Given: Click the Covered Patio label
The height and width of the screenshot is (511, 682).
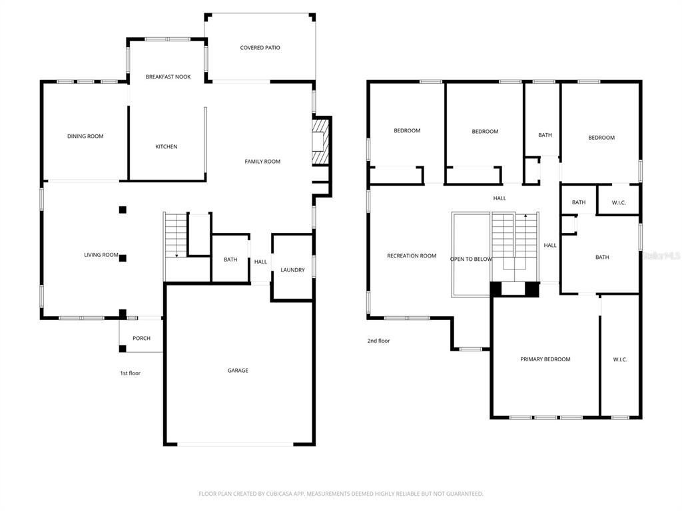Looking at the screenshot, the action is click(x=260, y=48).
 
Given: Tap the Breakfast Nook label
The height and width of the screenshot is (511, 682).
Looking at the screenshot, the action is click(x=169, y=77).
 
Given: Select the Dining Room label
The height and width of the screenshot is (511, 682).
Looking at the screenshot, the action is click(x=85, y=136).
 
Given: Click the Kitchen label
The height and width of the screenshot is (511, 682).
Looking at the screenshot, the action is click(x=167, y=147).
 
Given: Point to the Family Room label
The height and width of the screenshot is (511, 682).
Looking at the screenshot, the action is click(x=262, y=162).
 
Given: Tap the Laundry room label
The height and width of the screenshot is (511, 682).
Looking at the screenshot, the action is click(x=293, y=270).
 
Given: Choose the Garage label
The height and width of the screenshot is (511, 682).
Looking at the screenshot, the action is click(x=238, y=371).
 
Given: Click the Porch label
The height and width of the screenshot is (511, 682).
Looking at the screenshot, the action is click(x=141, y=339).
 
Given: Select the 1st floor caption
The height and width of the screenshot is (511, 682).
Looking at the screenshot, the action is click(x=131, y=373).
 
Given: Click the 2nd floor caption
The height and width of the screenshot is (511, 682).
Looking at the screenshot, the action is click(x=378, y=341).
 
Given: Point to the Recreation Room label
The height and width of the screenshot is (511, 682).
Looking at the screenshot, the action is click(x=412, y=256).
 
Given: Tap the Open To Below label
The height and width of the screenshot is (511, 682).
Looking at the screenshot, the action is click(x=471, y=259).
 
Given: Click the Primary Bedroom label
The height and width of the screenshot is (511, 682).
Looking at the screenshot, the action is click(x=545, y=359).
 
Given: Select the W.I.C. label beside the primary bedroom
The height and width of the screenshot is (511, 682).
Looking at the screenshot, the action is click(x=620, y=360).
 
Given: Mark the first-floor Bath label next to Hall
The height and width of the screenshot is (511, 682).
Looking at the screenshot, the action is click(x=230, y=260).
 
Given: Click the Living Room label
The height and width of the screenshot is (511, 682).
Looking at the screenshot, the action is click(x=101, y=255).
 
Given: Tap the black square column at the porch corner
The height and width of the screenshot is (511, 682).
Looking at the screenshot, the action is click(x=123, y=349).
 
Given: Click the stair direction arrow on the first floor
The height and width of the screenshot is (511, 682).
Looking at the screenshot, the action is click(x=176, y=255).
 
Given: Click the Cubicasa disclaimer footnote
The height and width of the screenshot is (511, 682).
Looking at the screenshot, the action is click(x=340, y=494).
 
